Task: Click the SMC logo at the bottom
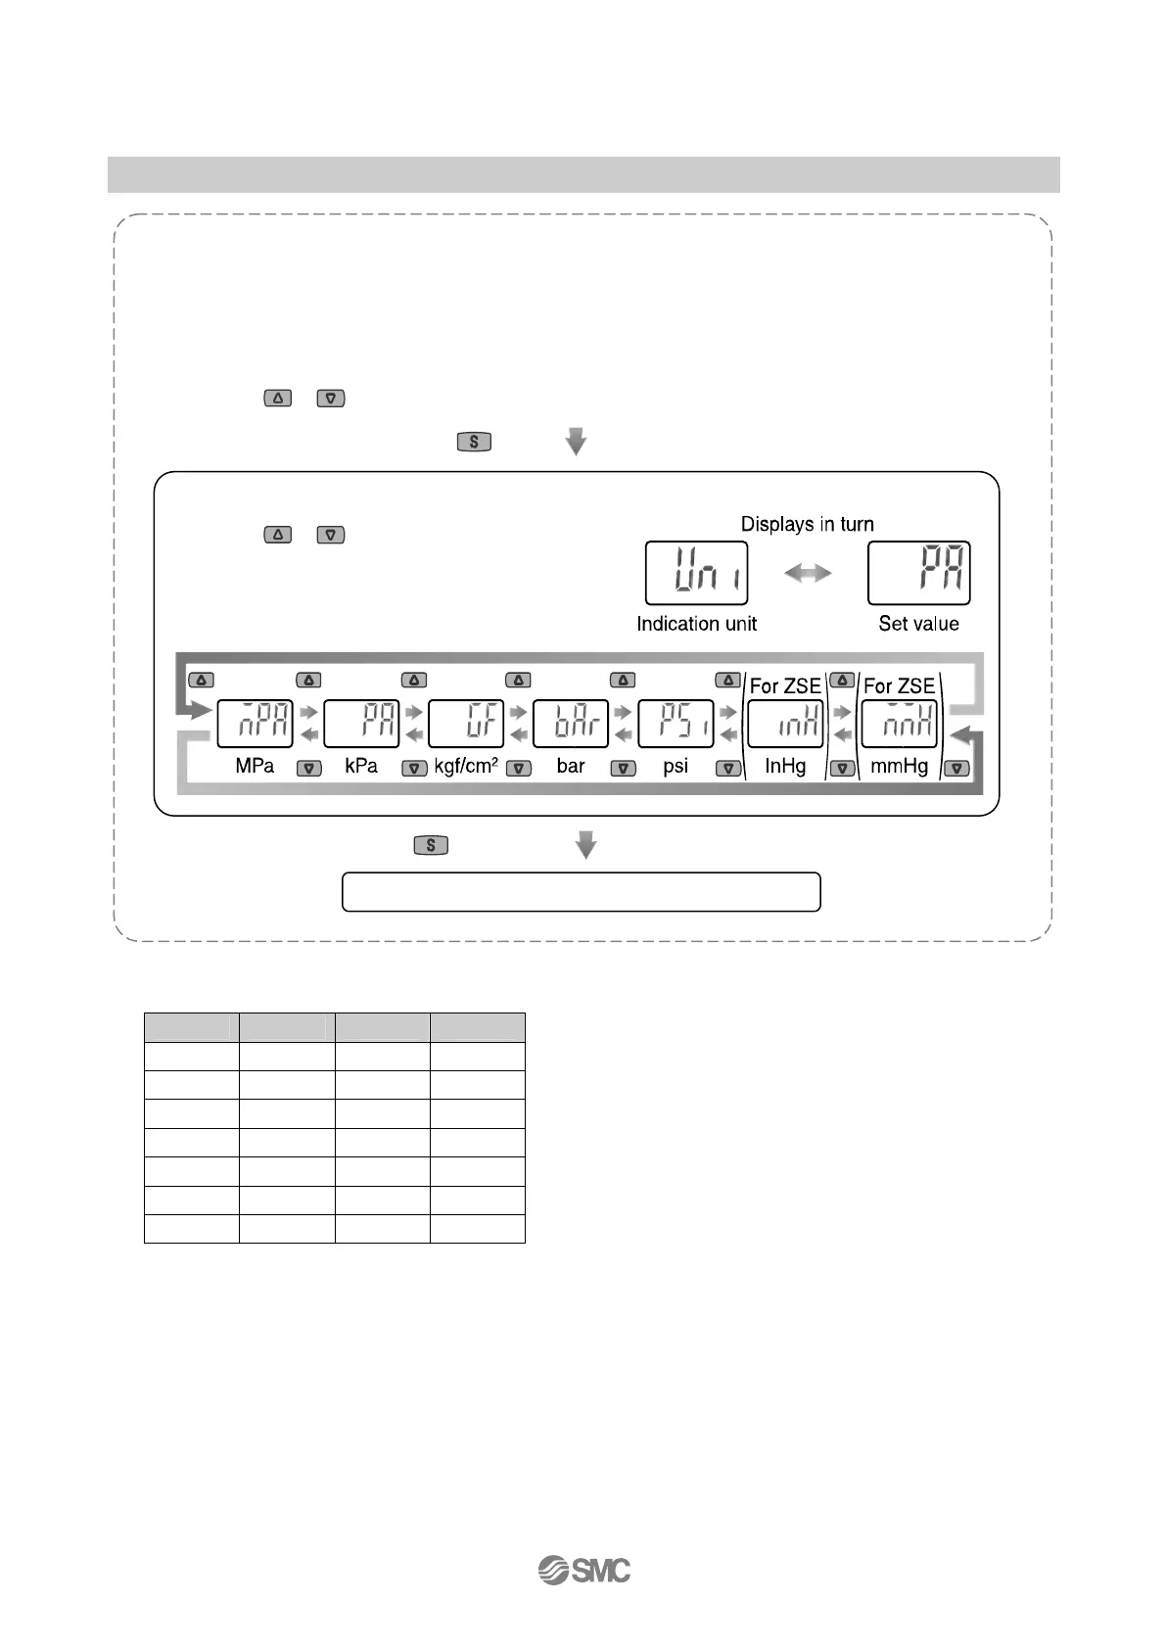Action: pyautogui.click(x=584, y=1570)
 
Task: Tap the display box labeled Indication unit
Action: pyautogui.click(x=696, y=573)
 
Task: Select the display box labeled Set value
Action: pyautogui.click(x=918, y=573)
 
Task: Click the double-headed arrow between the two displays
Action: pyautogui.click(x=808, y=574)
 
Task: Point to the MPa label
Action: pyautogui.click(x=255, y=766)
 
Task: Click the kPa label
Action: pyautogui.click(x=361, y=766)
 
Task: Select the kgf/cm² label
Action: pyautogui.click(x=466, y=766)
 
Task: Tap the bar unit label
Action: pyautogui.click(x=571, y=766)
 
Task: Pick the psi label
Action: pyautogui.click(x=676, y=766)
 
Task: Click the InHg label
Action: pyautogui.click(x=785, y=766)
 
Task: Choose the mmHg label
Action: pyautogui.click(x=899, y=766)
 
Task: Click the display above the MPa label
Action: pyautogui.click(x=255, y=724)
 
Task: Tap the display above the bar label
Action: pyautogui.click(x=571, y=724)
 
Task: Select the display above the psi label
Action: pyautogui.click(x=676, y=724)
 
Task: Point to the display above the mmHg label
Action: pyautogui.click(x=899, y=724)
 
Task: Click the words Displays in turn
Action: pyautogui.click(x=807, y=524)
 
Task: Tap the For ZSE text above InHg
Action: pyautogui.click(x=785, y=686)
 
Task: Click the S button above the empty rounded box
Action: pyautogui.click(x=431, y=845)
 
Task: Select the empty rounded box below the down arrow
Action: pyautogui.click(x=581, y=892)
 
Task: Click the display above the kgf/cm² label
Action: pyautogui.click(x=466, y=724)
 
